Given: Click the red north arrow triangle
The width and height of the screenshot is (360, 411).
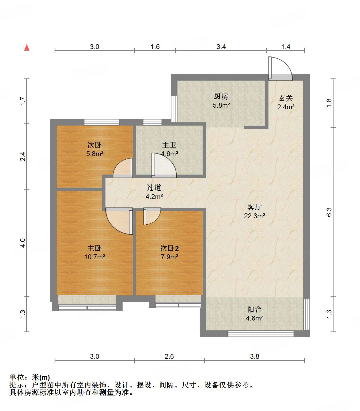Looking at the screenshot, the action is coord(27,47).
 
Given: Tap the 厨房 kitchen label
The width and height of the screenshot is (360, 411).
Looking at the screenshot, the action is coord(221,96).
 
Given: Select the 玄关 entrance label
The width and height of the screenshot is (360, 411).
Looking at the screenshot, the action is coord(286,98).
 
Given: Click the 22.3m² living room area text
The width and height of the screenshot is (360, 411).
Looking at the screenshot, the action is coord(255,216).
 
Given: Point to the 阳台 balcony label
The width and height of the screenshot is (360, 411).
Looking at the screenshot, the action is coord(254,309).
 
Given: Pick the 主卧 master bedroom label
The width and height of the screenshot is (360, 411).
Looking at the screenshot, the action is coord(94,248).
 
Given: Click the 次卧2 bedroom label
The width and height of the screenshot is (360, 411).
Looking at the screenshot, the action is coord(169,248).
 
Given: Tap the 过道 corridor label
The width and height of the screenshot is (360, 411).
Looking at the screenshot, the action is coord(154,187).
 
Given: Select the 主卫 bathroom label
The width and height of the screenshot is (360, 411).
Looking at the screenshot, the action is coord(169,145).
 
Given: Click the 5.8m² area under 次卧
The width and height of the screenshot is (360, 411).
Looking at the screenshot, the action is coord(95,154).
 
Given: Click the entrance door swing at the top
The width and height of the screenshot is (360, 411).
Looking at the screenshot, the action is coord(281,69).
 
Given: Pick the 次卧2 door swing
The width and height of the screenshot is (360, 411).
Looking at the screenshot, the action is coord(152,216).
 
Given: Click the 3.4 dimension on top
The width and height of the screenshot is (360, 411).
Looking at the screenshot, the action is coord(221,47).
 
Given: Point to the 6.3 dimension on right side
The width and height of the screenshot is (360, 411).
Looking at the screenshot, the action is coord(329,212).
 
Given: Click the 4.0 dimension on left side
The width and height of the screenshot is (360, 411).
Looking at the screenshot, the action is coord(23,243).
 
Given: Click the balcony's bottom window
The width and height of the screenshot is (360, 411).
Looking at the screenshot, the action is coord(261,334).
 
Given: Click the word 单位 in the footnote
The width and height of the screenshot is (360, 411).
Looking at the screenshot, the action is coord(17,377).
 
